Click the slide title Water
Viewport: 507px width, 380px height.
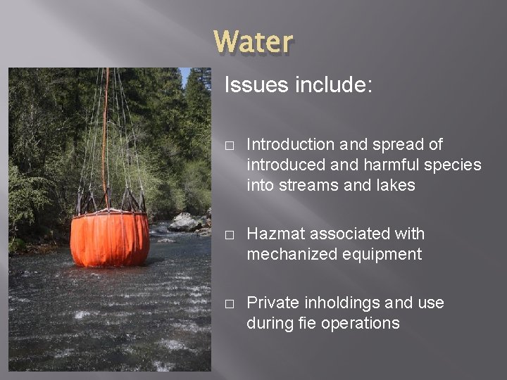click(x=254, y=42)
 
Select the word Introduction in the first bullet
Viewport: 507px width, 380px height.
click(x=291, y=144)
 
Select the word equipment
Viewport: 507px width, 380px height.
click(x=383, y=254)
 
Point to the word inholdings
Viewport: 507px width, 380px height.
click(x=342, y=303)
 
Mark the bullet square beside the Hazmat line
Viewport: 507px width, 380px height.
click(x=229, y=234)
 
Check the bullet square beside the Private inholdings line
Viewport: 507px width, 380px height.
click(x=229, y=303)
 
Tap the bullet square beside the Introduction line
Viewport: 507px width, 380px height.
click(x=229, y=145)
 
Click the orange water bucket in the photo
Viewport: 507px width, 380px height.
click(x=109, y=239)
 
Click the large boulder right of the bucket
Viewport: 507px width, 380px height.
click(x=185, y=222)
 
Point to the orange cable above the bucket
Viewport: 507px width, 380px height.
click(x=106, y=127)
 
